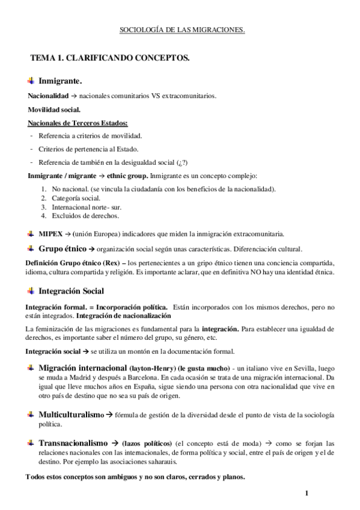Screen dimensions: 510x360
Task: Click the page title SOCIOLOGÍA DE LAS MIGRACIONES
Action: (x=180, y=29)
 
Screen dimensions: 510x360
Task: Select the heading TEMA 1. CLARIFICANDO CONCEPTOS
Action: (x=110, y=58)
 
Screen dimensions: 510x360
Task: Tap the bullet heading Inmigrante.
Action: (x=60, y=81)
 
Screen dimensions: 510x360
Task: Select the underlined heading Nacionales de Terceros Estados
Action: (x=73, y=123)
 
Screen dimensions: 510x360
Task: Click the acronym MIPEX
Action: (x=50, y=233)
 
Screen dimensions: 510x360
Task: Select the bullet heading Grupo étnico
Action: (x=62, y=248)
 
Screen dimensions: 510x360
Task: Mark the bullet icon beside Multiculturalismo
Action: (x=31, y=415)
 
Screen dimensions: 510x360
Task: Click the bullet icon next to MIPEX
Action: (x=31, y=233)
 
